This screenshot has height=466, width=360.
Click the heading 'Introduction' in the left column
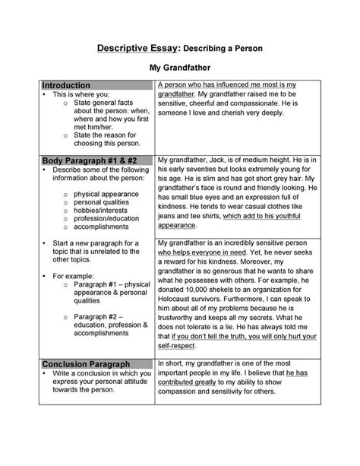click(x=66, y=85)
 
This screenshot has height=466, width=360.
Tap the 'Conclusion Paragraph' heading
click(x=86, y=364)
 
